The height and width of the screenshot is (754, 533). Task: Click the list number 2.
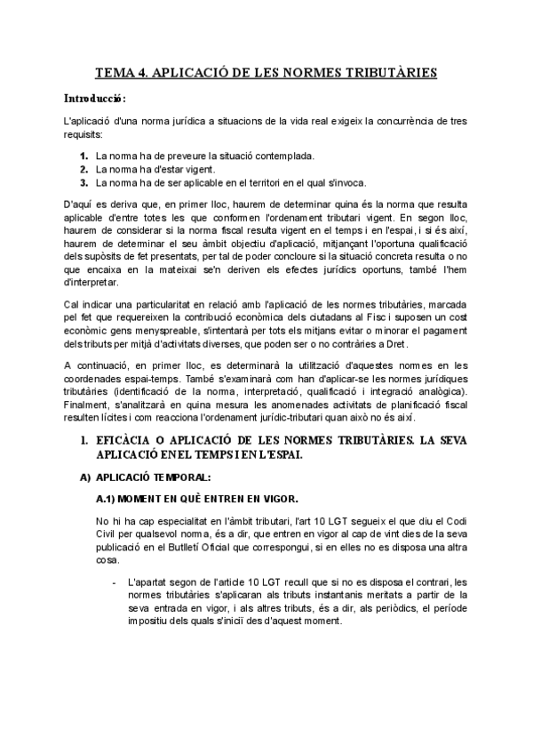click(x=84, y=169)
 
